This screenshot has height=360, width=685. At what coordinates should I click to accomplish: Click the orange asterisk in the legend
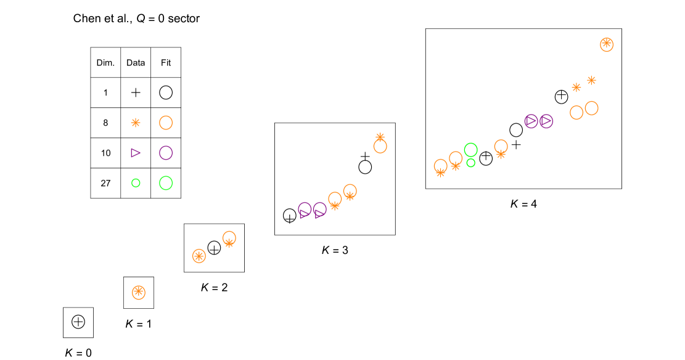coord(136,123)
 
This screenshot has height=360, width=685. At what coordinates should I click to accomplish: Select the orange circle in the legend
coord(166,123)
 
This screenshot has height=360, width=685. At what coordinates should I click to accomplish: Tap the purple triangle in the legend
coord(136,153)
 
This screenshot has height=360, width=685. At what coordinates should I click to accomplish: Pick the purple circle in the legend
coord(166,153)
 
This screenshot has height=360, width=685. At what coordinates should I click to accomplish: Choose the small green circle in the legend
coord(136,183)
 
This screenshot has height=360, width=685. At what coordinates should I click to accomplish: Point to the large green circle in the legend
coord(166,183)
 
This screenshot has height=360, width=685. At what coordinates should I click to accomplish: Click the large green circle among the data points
coord(471,150)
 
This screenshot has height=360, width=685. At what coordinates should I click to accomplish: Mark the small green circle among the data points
coord(471,163)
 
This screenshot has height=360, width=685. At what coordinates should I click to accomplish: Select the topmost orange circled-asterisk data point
coord(607,44)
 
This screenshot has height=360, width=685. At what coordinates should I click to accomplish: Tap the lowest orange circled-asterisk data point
coord(139,292)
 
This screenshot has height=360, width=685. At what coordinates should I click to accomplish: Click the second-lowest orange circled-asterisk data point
coord(199,256)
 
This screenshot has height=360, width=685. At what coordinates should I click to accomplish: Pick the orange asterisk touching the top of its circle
coord(380,137)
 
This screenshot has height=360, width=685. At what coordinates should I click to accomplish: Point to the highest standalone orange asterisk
coord(591,80)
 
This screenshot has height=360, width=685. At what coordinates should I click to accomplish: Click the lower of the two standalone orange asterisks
coord(576,88)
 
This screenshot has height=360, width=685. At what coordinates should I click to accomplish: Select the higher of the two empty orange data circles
coord(592,108)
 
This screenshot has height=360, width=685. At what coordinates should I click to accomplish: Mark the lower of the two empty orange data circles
coord(576,113)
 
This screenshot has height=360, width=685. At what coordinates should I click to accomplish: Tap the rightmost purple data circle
coord(546,121)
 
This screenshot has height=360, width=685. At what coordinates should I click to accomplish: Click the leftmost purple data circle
coord(305,209)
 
